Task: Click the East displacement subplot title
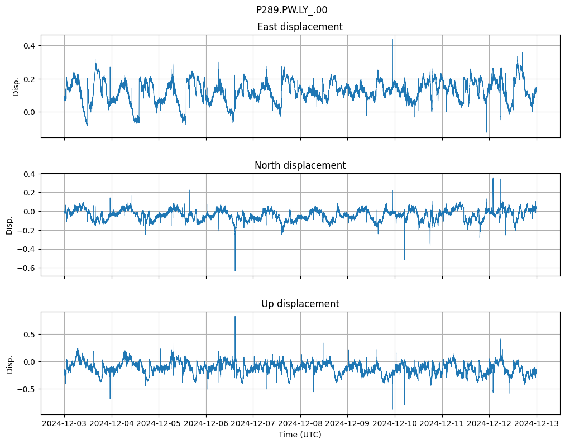tap(300, 27)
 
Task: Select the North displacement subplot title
tap(300, 165)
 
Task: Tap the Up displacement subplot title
tap(300, 304)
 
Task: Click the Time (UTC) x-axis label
tap(300, 435)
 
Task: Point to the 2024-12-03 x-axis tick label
tap(64, 423)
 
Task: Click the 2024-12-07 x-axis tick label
tap(253, 423)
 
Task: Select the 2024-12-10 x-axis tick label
tap(395, 423)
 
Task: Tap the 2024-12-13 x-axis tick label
tap(537, 423)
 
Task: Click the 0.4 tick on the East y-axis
tap(29, 45)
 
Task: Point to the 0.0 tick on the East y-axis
tap(29, 112)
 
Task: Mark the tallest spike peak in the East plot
tap(392, 40)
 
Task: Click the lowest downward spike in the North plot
tap(235, 270)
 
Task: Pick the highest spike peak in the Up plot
tap(235, 317)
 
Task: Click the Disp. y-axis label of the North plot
tap(9, 225)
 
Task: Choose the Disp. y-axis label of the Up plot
tap(9, 363)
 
